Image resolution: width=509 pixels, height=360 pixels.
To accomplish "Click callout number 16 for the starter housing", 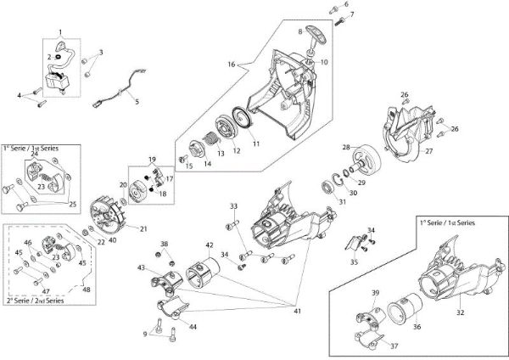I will pos(230,63).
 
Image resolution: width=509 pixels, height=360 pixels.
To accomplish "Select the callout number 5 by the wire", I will pos(137,101).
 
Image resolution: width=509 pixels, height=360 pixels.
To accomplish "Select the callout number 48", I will pos(86,290).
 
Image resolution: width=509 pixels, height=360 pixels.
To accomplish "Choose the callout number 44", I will pos(193,326).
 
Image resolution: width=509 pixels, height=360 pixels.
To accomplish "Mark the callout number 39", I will pos(352,293).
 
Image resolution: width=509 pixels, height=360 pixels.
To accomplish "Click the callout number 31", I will pos(341,201).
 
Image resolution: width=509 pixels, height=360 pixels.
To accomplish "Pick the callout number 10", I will pos(324,63).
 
